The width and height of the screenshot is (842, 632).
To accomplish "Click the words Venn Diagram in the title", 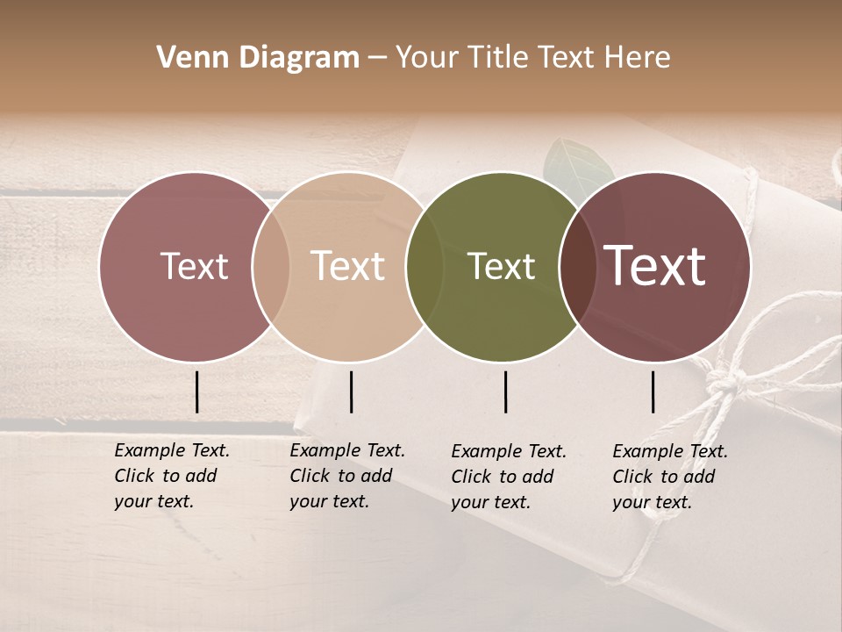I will pos(258,58).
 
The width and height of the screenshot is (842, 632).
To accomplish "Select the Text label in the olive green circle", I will pos(501,267).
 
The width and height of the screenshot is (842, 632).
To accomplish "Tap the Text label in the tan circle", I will pos(347,266).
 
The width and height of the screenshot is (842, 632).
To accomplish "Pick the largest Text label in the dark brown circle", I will pos(655,266).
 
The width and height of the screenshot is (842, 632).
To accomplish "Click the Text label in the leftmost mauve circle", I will pos(194,267).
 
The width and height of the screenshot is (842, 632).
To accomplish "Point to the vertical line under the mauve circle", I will pos(196,391).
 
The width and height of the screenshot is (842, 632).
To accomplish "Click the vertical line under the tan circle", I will pos(351,391).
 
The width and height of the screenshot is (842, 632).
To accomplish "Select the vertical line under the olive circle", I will pos(506,391).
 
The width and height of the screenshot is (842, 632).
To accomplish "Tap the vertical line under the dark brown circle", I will pos(653,391).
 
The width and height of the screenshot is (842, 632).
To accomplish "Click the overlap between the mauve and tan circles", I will pos(271,266).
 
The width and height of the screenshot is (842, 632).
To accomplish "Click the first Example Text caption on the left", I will pos(171,476).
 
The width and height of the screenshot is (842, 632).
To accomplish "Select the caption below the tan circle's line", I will pos(346,476).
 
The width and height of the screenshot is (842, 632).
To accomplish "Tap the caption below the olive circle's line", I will pos(508,477).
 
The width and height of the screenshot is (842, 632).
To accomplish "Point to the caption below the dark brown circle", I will pos(669,477).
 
